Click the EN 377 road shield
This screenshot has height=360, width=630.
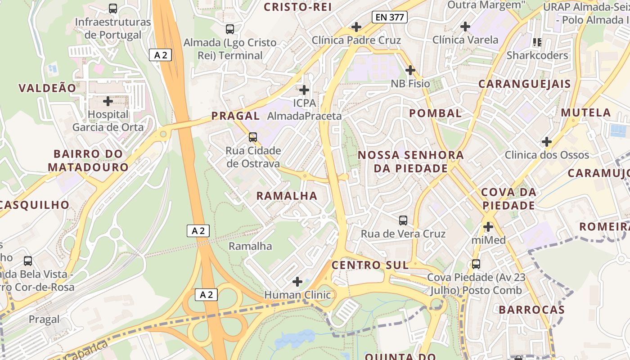point(390,18)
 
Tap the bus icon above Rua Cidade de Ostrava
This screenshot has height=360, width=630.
point(253,137)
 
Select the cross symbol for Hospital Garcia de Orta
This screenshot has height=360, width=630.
point(108,101)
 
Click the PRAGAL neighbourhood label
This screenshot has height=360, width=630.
point(235,116)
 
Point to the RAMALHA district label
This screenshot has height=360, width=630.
point(287,196)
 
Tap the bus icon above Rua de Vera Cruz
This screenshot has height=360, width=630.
point(403,220)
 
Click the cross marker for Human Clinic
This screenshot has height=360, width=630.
point(297,282)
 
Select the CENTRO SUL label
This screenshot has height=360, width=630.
point(370,265)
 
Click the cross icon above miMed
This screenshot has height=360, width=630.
point(488,227)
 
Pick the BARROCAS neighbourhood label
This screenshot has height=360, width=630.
point(531,310)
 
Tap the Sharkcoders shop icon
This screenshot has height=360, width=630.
point(537,42)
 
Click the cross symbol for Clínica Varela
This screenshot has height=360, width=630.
point(465,27)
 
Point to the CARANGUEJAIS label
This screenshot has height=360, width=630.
point(524,84)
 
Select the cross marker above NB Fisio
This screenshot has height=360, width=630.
point(410,70)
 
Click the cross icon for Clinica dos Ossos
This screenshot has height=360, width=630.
point(547,142)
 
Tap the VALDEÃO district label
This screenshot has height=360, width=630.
point(47,88)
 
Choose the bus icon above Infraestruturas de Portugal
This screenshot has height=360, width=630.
point(113,9)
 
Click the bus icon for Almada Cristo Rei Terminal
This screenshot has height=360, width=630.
point(230,29)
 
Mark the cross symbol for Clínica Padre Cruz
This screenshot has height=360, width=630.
point(356,27)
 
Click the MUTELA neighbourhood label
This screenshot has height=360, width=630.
point(586,112)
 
